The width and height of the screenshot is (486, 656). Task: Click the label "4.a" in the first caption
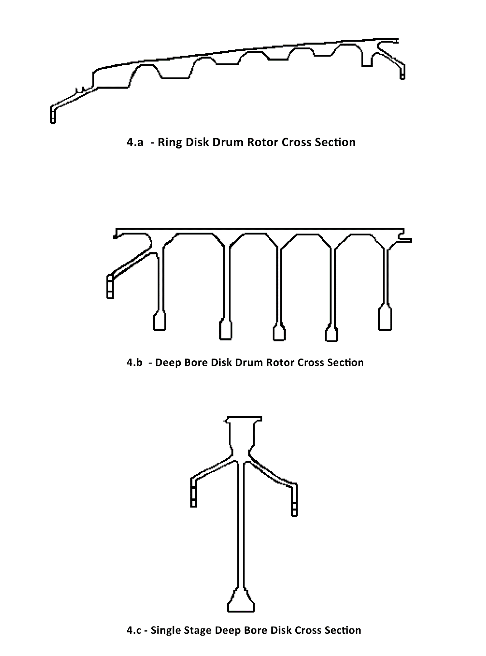pyautogui.click(x=135, y=142)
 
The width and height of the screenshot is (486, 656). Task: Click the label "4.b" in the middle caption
pyautogui.click(x=135, y=363)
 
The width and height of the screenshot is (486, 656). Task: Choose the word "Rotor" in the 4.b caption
pyautogui.click(x=280, y=363)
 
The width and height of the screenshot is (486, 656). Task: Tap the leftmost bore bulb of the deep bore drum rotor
pyautogui.click(x=159, y=321)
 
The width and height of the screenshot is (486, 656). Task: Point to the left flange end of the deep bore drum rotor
pyautogui.click(x=110, y=287)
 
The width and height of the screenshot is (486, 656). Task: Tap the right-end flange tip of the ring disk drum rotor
pyautogui.click(x=402, y=72)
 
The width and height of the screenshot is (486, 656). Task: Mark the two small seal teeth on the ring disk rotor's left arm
pyautogui.click(x=80, y=90)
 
